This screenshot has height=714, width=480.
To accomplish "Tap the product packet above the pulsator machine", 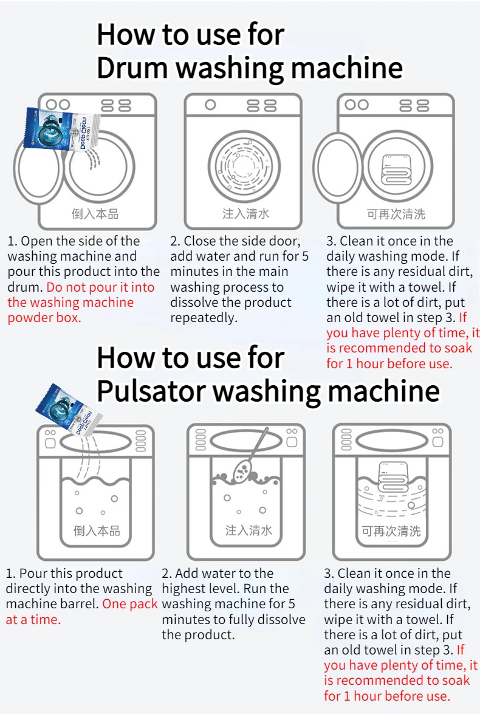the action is (69, 407).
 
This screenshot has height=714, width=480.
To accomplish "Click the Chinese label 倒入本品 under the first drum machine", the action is (95, 214).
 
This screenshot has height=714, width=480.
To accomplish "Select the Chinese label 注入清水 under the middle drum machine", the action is (245, 213).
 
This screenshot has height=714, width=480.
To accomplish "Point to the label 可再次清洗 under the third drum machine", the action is (396, 214).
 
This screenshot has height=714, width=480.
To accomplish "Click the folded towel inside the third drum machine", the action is (396, 170).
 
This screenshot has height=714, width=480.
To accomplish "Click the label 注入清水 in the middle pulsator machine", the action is (248, 530).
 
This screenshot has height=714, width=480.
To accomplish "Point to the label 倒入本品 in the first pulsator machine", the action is (97, 530).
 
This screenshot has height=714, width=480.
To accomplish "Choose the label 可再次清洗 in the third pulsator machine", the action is (391, 531).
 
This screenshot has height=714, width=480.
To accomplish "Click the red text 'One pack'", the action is (130, 604).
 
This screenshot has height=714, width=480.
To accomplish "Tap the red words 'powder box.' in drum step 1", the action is (44, 318).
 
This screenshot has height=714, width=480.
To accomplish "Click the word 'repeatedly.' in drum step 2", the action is (204, 318).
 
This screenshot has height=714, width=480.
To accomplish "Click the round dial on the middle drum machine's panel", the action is (210, 105).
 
